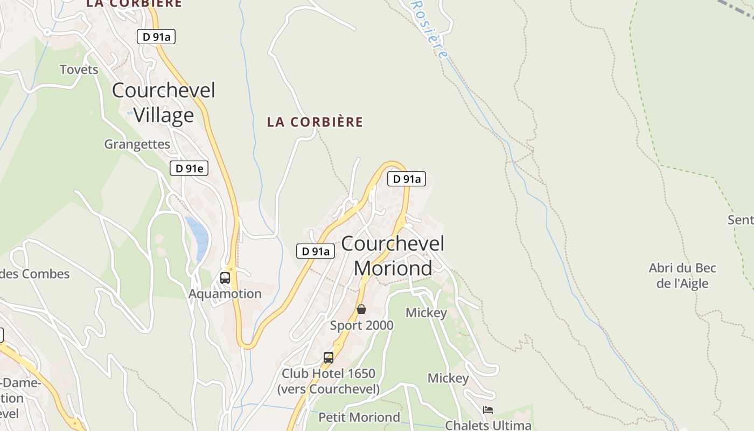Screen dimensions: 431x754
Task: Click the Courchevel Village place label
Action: tap(163, 102)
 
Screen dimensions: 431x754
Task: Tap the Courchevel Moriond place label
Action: tap(393, 255)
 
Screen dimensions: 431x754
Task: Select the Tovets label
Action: tap(79, 69)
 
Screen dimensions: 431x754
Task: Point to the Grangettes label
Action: tap(137, 144)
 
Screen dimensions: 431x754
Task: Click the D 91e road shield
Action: tap(189, 168)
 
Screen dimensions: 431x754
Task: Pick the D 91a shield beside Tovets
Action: tap(156, 37)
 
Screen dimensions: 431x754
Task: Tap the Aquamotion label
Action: tap(225, 294)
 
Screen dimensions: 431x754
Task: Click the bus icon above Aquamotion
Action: tap(225, 278)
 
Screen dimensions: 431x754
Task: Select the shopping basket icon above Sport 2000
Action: tap(361, 309)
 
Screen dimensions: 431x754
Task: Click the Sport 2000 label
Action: tap(362, 325)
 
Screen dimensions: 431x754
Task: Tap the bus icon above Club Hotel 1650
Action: tap(328, 357)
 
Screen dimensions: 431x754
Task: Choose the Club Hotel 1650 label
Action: tap(329, 380)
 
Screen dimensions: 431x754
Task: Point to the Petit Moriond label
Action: tap(359, 418)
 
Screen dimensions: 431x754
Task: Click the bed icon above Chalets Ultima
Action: tap(488, 409)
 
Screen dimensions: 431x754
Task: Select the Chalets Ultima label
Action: tap(488, 425)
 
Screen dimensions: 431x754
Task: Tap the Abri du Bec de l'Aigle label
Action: tap(682, 275)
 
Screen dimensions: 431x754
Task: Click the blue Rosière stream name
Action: tap(430, 28)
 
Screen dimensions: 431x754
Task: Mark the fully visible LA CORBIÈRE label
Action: tap(315, 122)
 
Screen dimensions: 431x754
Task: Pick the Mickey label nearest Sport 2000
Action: tap(426, 313)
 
